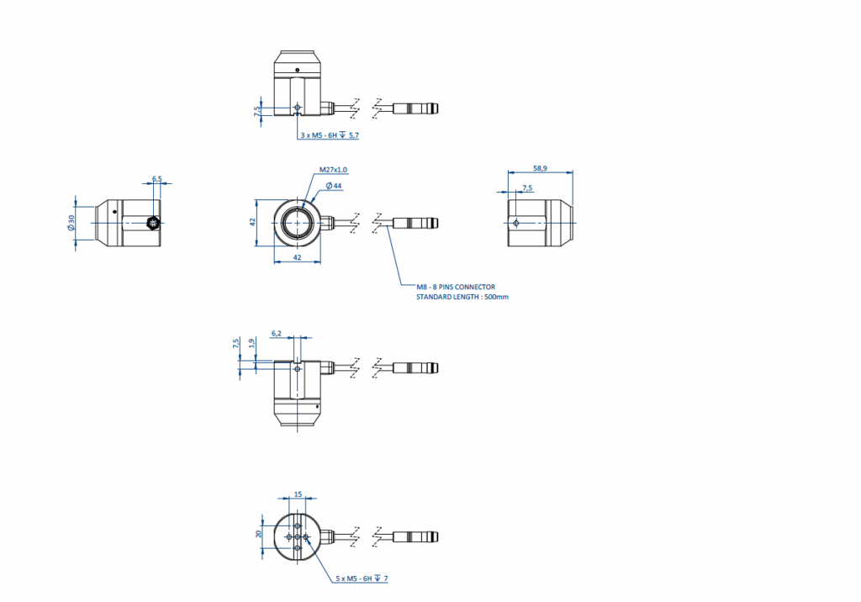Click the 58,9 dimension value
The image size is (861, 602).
[541, 168]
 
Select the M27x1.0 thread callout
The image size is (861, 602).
[333, 171]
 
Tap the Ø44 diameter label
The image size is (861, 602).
[334, 186]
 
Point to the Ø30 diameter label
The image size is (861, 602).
[71, 223]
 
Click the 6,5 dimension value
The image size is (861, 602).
[157, 179]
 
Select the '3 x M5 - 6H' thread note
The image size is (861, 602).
[319, 135]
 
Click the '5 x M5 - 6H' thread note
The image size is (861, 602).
[354, 578]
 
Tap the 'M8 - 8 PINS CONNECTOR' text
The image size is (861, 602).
[456, 287]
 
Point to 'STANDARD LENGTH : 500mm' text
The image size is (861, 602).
[462, 297]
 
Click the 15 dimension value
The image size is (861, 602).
[298, 494]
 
